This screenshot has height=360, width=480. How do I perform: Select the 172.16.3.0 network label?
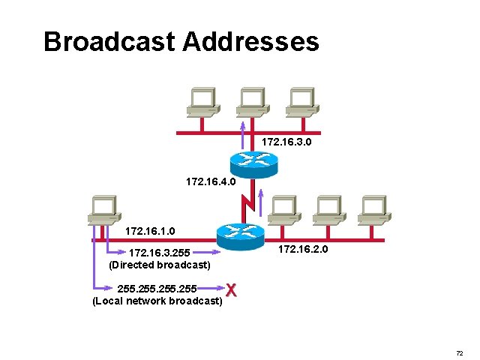(287, 141)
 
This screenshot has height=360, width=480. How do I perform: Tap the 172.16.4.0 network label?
(211, 181)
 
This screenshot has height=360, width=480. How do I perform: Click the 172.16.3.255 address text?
(159, 253)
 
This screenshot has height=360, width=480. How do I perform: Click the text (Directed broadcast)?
(159, 265)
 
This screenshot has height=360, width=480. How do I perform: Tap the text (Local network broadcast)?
(157, 301)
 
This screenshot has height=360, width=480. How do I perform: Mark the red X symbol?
(232, 290)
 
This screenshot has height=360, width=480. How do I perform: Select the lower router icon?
(240, 233)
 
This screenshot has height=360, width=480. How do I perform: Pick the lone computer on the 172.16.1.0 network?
(103, 209)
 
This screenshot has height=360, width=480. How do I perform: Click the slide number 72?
(459, 352)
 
